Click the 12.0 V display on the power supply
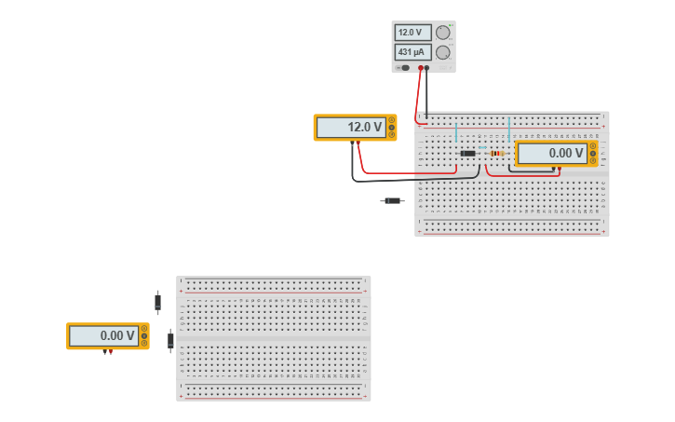412,33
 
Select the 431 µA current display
412,52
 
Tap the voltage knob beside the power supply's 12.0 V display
443,33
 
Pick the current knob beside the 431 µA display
443,52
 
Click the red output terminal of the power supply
421,68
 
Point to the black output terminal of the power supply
427,68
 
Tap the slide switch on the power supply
404,67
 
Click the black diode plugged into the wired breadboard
467,153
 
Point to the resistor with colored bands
496,153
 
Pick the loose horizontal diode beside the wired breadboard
393,200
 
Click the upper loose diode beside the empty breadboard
157,302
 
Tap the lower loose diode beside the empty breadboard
170,341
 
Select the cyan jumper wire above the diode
456,133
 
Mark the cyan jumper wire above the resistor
508,130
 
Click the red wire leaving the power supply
418,93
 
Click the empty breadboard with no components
274,338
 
